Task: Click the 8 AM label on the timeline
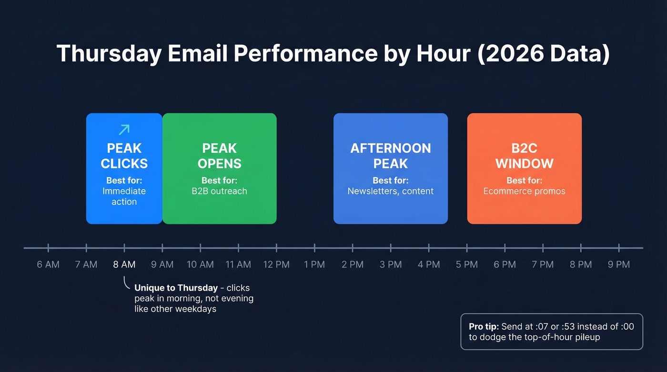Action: (124, 264)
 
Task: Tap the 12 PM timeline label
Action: (276, 264)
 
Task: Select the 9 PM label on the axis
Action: (619, 264)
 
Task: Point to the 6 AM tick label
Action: (48, 264)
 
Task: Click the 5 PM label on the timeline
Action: (466, 264)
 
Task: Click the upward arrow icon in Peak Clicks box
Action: (124, 130)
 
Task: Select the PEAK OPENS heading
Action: (220, 156)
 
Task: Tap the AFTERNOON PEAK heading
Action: (391, 156)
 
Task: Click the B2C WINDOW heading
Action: (525, 156)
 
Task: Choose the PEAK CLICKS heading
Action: (124, 156)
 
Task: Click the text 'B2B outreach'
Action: (220, 191)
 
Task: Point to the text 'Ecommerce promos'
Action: (525, 191)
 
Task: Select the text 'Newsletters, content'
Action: (391, 191)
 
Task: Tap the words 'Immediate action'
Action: (124, 196)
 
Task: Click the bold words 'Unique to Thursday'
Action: (176, 288)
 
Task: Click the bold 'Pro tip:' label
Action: (484, 327)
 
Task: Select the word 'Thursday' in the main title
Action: (109, 54)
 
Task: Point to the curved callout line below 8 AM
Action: (126, 284)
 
